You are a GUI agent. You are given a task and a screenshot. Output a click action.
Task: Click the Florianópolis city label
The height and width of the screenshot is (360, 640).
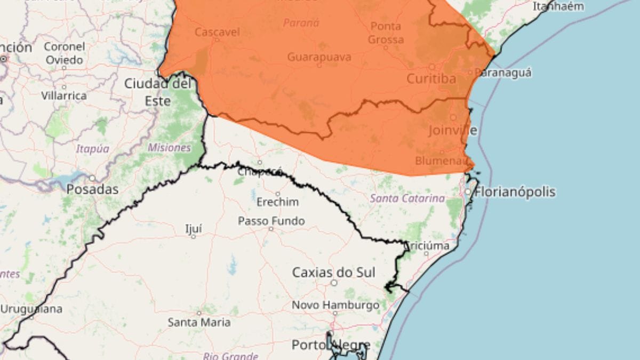[515, 192]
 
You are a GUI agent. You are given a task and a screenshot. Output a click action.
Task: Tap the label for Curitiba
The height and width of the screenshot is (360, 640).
[431, 79]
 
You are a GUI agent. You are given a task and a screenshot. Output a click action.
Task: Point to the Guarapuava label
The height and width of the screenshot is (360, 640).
[319, 57]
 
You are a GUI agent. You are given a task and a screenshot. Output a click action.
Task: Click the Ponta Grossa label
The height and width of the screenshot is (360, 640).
[387, 33]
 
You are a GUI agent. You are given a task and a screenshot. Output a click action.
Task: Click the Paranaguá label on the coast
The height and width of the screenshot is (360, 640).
[503, 73]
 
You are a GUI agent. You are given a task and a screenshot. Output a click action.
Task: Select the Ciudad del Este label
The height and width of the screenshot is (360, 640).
[158, 92]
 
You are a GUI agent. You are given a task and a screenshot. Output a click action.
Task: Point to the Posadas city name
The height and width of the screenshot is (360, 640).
[92, 189]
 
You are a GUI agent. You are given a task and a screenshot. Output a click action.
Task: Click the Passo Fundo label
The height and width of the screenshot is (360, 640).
[271, 221]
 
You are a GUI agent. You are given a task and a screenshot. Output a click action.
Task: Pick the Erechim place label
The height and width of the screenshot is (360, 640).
[277, 203]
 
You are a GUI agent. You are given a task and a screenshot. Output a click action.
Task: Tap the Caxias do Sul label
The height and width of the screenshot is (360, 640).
[334, 273]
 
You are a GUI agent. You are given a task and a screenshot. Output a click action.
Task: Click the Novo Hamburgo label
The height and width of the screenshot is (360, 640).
[335, 306]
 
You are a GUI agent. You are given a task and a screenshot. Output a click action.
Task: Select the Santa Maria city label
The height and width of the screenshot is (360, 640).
[199, 322]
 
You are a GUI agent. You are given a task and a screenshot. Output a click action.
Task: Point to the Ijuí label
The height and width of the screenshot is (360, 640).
[193, 229]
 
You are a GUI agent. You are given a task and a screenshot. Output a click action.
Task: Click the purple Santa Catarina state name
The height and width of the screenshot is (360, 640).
[407, 198]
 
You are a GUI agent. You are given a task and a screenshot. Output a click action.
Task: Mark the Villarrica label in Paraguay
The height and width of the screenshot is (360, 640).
[63, 96]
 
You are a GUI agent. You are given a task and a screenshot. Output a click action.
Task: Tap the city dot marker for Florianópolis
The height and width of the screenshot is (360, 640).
[468, 191]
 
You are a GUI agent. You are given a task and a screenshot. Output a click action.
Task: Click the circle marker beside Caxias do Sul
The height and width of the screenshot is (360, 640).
[334, 283]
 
